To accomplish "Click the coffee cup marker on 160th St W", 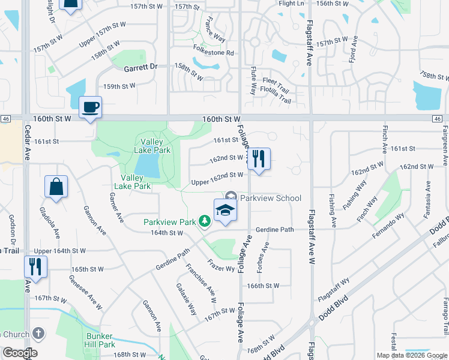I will tap(90, 108).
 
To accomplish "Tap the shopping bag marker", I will tap(56, 187).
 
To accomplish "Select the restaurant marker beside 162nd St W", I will tap(259, 160).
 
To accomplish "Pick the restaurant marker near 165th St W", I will tap(35, 266).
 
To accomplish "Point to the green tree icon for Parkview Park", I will tap(205, 222).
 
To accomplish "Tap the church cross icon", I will tap(38, 333).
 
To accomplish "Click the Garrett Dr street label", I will tap(140, 68).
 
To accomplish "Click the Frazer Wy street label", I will tap(221, 265).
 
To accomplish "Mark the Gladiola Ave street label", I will tap(49, 223).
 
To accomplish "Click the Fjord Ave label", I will tap(355, 47).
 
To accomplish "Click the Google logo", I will tap(20, 353).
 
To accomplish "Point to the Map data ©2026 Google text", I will tap(411, 355).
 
